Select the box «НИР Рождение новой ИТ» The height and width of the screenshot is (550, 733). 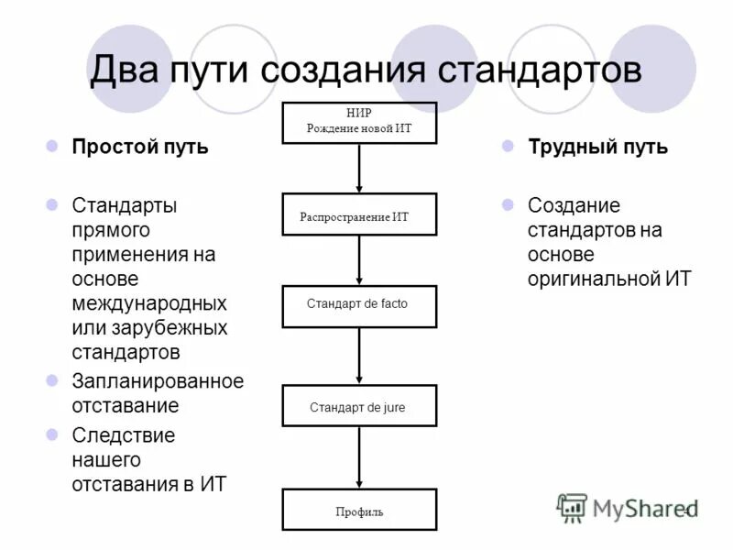pyautogui.click(x=359, y=122)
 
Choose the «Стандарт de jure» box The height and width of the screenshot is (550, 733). pyautogui.click(x=359, y=405)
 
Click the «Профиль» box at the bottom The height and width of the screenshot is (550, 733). pyautogui.click(x=359, y=510)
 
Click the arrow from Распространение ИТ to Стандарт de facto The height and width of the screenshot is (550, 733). pyautogui.click(x=359, y=260)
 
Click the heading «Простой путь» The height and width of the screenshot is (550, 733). pyautogui.click(x=140, y=148)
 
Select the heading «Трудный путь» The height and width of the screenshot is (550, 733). pyautogui.click(x=597, y=148)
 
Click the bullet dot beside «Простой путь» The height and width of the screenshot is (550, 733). pyautogui.click(x=52, y=147)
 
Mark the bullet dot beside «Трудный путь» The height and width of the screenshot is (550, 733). pyautogui.click(x=508, y=147)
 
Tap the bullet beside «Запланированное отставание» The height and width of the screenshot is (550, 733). pyautogui.click(x=52, y=379)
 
